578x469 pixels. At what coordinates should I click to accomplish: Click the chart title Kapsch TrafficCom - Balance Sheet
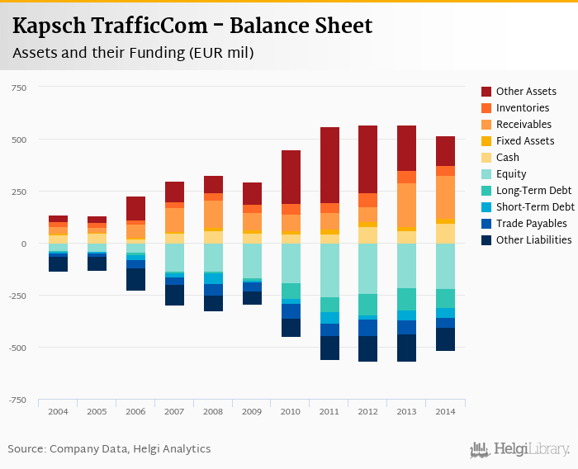[x=192, y=26]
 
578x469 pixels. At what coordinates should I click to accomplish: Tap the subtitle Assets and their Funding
[x=132, y=54]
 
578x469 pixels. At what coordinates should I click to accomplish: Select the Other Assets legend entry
[x=526, y=92]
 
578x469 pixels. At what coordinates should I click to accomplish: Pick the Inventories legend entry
[x=523, y=108]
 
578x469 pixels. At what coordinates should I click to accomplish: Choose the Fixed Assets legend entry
[x=525, y=141]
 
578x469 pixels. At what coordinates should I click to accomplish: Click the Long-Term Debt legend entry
[x=533, y=191]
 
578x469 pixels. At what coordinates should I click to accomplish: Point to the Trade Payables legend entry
[x=531, y=224]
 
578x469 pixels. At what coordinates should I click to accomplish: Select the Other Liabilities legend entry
[x=533, y=240]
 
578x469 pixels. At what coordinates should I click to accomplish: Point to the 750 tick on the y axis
[x=19, y=88]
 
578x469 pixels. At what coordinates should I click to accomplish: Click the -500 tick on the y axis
[x=17, y=348]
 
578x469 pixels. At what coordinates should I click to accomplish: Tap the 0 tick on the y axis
[x=25, y=244]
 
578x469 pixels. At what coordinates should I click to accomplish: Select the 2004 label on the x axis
[x=58, y=411]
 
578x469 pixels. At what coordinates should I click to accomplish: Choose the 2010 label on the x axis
[x=291, y=411]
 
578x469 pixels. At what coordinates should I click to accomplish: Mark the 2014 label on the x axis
[x=446, y=411]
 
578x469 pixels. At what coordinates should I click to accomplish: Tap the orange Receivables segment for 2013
[x=407, y=206]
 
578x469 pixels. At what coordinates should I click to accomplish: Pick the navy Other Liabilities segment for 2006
[x=135, y=279]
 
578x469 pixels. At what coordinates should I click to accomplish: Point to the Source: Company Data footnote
[x=109, y=449]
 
